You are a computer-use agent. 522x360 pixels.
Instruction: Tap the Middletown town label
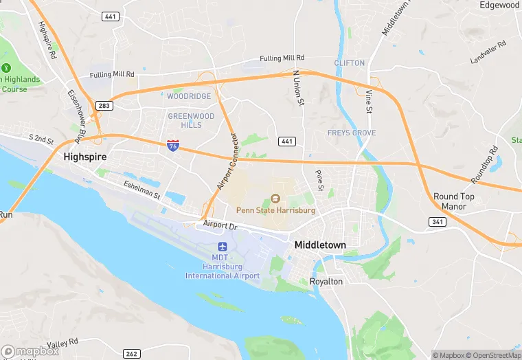click(320, 245)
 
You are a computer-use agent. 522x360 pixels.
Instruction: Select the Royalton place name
click(327, 281)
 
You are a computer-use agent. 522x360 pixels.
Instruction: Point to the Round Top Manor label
click(453, 201)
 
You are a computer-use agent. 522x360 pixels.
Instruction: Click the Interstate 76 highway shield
click(173, 145)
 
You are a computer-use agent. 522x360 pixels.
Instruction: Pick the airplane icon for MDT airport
click(222, 246)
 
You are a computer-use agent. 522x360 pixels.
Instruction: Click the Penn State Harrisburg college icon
click(275, 199)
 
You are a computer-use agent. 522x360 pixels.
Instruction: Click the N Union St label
click(297, 88)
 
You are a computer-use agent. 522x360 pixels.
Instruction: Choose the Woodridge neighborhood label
click(189, 97)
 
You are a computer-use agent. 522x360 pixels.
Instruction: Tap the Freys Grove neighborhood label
click(351, 133)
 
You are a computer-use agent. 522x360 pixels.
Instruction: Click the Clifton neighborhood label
click(349, 63)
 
